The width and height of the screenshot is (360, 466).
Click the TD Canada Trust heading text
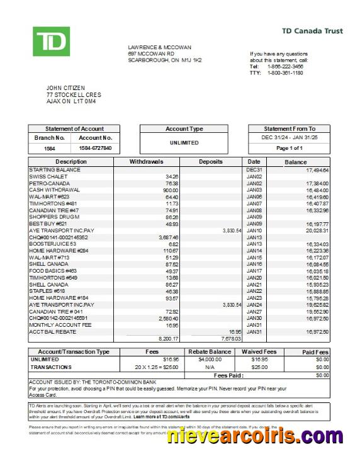coord(310,30)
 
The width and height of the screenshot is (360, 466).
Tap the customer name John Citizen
coord(65,88)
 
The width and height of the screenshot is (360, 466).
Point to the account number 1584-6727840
coord(96,148)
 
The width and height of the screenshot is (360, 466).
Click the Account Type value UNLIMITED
coord(184,143)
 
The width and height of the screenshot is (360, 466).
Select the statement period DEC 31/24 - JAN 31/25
coord(290,137)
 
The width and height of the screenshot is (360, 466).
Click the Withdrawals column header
coord(146,162)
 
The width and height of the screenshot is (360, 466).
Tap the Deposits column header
coord(211,162)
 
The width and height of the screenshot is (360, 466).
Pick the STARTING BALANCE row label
coord(55,170)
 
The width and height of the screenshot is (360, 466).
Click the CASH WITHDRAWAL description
coord(54,190)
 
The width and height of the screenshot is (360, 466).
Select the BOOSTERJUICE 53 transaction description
coord(52,244)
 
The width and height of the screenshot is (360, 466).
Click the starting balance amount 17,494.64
coord(317,170)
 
